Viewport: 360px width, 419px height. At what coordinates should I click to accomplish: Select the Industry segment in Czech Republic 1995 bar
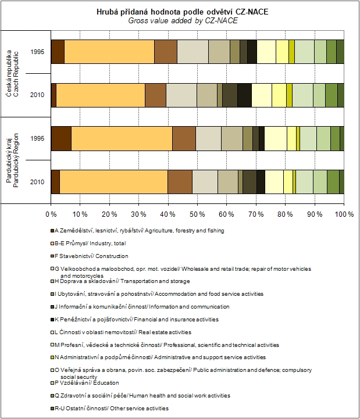(x=109, y=51)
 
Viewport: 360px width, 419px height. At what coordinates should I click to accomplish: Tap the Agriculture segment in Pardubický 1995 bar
(x=61, y=138)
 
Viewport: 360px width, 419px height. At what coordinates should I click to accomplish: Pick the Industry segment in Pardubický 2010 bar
(x=113, y=181)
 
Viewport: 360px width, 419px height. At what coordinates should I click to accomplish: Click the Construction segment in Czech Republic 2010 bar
(x=155, y=95)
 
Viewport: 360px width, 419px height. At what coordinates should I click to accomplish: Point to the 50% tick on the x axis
(x=198, y=205)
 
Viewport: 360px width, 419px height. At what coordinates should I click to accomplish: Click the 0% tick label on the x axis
(x=51, y=214)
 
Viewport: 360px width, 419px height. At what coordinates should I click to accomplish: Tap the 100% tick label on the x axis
(x=344, y=214)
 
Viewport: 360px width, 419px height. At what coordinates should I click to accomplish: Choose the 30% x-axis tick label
(x=139, y=214)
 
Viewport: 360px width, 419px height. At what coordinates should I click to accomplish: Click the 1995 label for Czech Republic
(x=35, y=52)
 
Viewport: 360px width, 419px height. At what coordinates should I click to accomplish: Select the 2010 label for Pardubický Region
(x=35, y=181)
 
